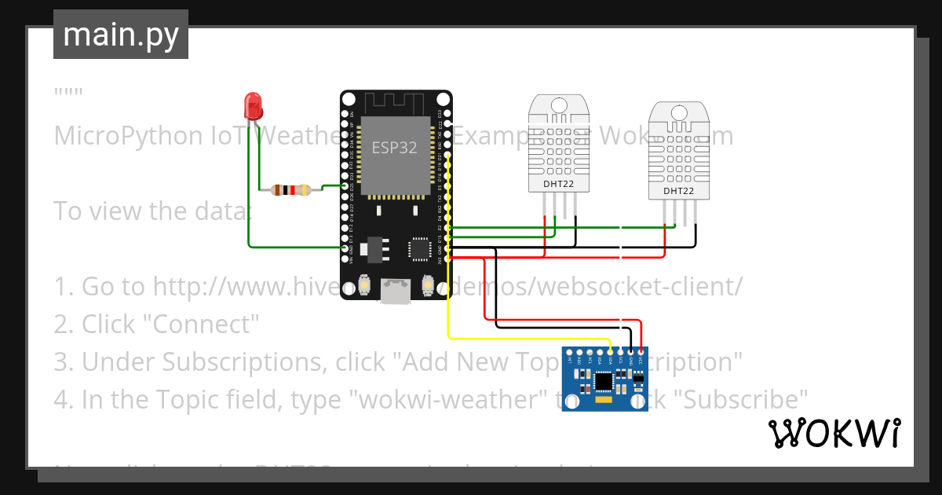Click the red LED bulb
click(x=253, y=104)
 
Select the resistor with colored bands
click(x=290, y=189)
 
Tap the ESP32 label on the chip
click(x=395, y=147)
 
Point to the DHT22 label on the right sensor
click(x=678, y=191)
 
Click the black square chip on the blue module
click(x=604, y=382)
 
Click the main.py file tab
click(x=121, y=35)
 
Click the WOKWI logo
click(x=834, y=433)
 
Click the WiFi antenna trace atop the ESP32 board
click(x=396, y=101)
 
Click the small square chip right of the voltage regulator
click(x=418, y=249)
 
